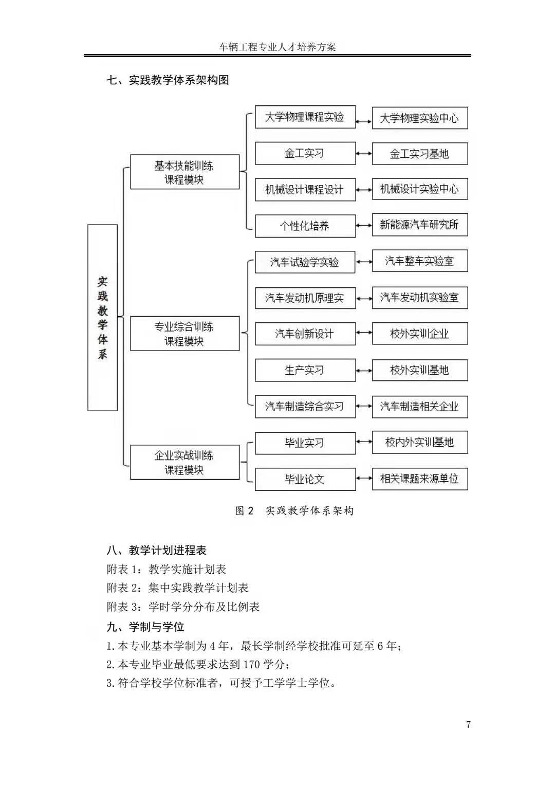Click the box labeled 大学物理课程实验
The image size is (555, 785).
[305, 117]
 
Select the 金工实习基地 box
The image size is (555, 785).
[419, 154]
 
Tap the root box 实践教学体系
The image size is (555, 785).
[103, 318]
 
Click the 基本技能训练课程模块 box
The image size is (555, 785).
[184, 172]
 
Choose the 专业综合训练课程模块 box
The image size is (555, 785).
[184, 334]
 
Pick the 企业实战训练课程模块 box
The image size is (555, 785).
[184, 462]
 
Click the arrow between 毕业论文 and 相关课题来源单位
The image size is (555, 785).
[364, 479]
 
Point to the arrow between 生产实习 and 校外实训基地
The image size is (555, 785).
[364, 370]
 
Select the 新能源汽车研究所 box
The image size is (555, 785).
[419, 225]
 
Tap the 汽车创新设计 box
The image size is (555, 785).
[305, 334]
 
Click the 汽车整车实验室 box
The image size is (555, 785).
[419, 261]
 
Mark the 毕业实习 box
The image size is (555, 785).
[305, 443]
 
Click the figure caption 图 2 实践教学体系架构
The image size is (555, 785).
[294, 510]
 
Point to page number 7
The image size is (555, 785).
[468, 725]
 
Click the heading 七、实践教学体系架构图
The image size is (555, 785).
[168, 80]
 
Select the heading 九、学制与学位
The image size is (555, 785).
[145, 627]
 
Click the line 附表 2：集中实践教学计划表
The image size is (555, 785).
[177, 588]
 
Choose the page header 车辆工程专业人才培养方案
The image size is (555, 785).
[277, 47]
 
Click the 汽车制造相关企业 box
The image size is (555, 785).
[419, 407]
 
